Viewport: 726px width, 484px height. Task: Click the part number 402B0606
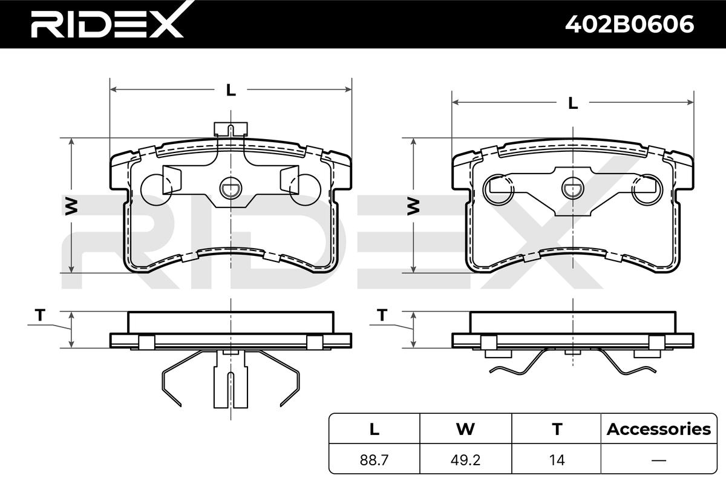pos(629,24)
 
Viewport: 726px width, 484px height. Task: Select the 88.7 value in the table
pos(374,460)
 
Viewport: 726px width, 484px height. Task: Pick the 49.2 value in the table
pos(465,460)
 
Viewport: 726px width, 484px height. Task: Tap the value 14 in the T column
pos(557,460)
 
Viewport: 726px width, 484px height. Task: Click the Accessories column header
pos(659,429)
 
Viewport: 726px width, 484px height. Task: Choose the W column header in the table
pos(465,429)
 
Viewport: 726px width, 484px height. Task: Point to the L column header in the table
pos(374,429)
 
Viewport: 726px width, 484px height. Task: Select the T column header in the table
pos(557,429)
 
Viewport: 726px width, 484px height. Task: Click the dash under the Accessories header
pos(659,460)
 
